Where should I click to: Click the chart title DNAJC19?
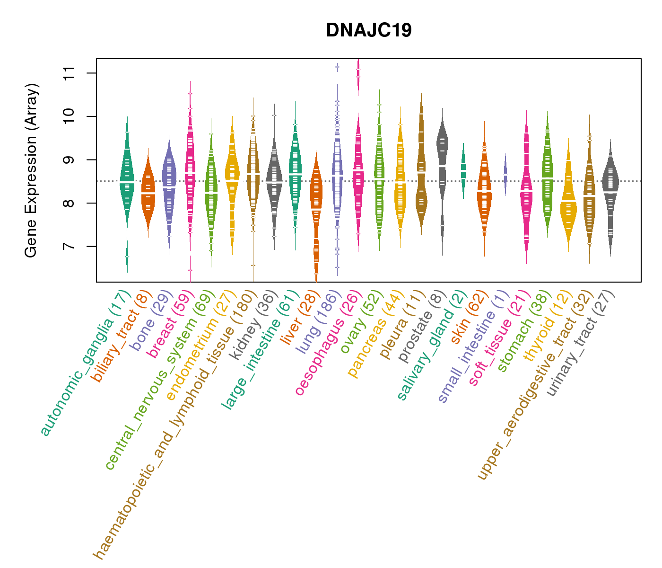369,30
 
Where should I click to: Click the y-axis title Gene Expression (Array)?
31,170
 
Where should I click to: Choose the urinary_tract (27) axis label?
581,344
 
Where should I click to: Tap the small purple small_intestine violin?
505,173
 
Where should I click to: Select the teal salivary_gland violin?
463,170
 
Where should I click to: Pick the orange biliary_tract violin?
148,194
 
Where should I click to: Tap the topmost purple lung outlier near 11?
337,67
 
